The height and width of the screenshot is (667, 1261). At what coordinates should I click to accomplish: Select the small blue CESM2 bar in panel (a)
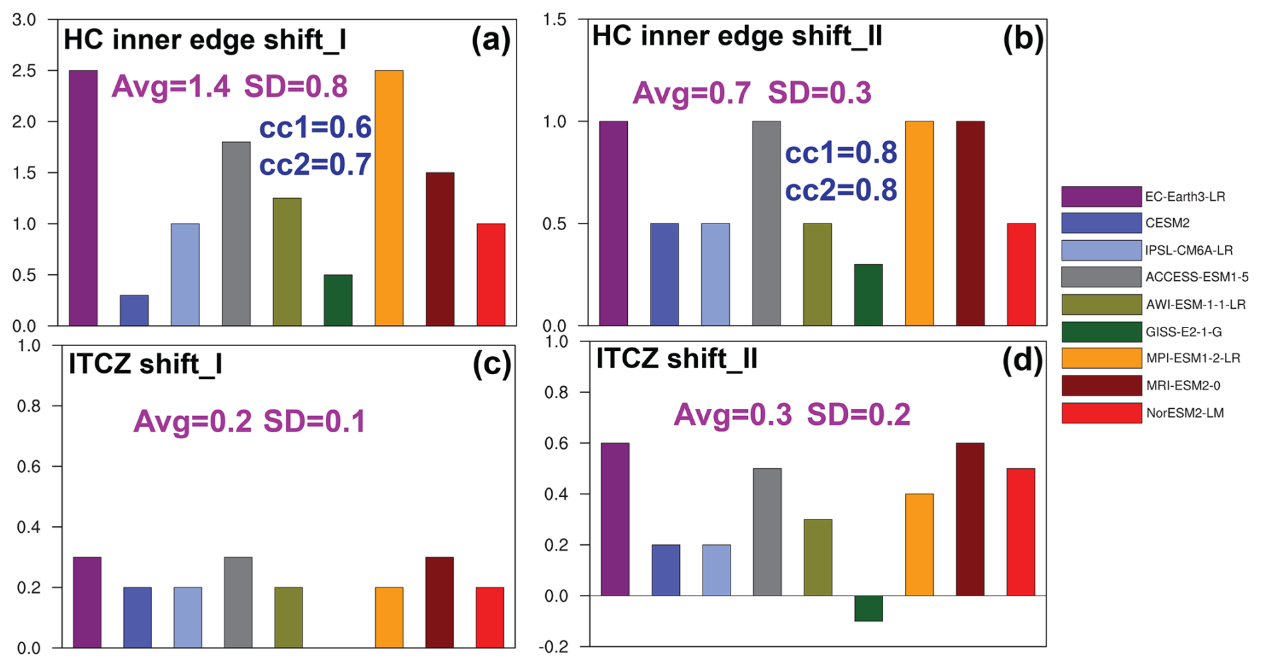click(x=134, y=310)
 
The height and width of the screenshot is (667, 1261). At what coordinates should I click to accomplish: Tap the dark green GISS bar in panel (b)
click(x=868, y=295)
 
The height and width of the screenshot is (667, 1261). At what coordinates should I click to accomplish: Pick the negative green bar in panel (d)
click(x=868, y=608)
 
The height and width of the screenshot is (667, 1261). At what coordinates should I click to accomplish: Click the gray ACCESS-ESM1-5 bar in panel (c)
click(x=238, y=602)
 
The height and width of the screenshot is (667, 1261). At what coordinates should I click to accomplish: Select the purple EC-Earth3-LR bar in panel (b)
click(x=613, y=223)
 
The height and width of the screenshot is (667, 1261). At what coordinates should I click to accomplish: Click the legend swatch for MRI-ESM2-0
click(x=1101, y=386)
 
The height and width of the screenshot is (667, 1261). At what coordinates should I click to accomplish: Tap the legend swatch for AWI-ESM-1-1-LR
click(x=1101, y=304)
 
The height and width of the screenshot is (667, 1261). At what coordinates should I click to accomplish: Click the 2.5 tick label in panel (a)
click(x=24, y=71)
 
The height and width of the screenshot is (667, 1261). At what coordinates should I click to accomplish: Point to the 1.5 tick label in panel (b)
click(x=555, y=20)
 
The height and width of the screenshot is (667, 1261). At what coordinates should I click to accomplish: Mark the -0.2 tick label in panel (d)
click(x=556, y=647)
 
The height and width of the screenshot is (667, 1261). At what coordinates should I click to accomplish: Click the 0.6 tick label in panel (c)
click(x=29, y=466)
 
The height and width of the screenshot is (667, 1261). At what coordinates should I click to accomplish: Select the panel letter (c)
click(x=491, y=364)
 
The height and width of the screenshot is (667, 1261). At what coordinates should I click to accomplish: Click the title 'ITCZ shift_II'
click(x=676, y=359)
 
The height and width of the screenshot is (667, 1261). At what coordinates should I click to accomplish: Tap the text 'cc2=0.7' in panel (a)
click(x=315, y=165)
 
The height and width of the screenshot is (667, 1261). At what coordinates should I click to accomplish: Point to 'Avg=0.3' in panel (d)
click(x=732, y=415)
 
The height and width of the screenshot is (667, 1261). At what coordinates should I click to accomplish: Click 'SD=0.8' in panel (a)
click(x=295, y=87)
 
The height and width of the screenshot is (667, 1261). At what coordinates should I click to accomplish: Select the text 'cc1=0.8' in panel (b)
click(x=840, y=153)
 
